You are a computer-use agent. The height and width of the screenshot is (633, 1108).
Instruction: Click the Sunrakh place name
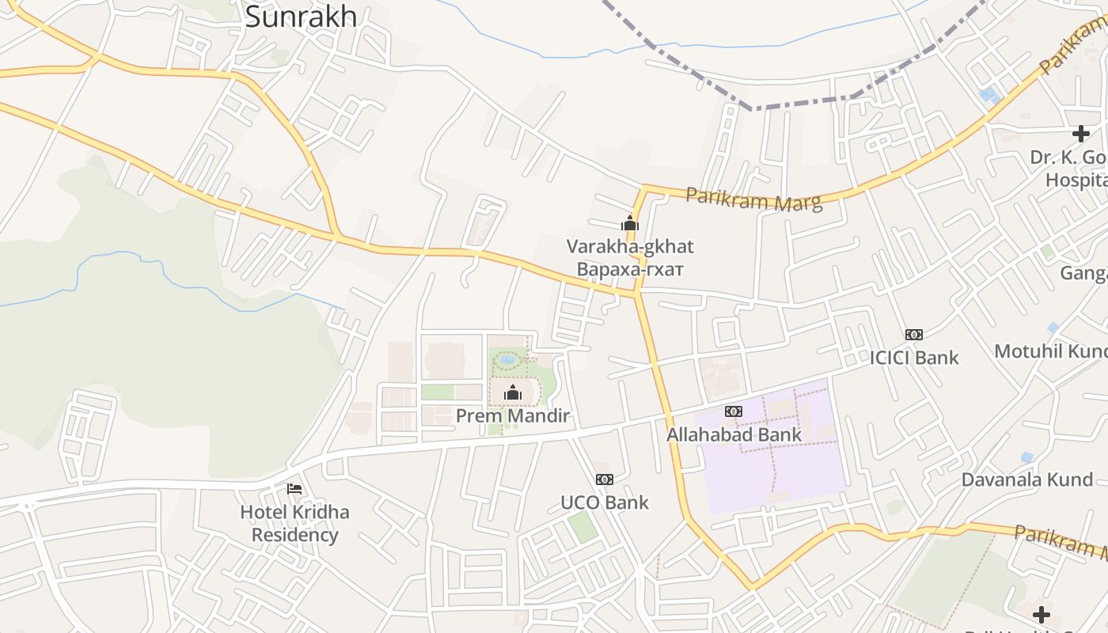click(x=301, y=17)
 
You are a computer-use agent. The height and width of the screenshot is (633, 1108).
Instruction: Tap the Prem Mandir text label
click(x=513, y=415)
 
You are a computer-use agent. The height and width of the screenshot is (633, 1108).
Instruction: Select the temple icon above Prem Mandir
click(x=513, y=392)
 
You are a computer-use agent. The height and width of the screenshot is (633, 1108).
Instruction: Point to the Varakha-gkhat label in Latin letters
click(x=630, y=246)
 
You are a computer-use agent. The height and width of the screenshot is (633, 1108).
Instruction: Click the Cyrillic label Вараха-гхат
click(x=630, y=269)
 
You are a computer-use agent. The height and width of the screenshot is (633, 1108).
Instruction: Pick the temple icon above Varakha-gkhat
click(x=630, y=224)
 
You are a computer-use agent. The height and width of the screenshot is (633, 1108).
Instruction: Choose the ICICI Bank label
click(x=914, y=358)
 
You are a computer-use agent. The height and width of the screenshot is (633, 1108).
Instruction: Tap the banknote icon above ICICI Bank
click(x=914, y=335)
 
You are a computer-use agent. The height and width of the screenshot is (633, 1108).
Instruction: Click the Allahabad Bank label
click(x=734, y=434)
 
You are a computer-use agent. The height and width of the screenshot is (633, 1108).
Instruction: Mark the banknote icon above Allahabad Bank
click(x=734, y=411)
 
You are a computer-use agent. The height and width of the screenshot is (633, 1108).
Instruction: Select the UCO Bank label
click(x=605, y=502)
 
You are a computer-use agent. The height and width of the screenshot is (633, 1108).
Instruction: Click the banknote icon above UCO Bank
click(x=605, y=479)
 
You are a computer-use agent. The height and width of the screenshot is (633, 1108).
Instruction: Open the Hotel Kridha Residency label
click(x=294, y=523)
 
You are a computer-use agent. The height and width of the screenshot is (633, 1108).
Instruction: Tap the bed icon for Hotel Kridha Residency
click(x=294, y=489)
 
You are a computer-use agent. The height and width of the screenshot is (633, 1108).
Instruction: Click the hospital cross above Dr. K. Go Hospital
click(x=1081, y=134)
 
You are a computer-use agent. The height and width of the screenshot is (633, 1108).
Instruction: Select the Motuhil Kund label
click(x=1051, y=351)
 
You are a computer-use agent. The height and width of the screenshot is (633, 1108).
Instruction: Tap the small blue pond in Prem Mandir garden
click(x=507, y=359)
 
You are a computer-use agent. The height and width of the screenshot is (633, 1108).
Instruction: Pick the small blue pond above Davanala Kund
click(x=1026, y=457)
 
